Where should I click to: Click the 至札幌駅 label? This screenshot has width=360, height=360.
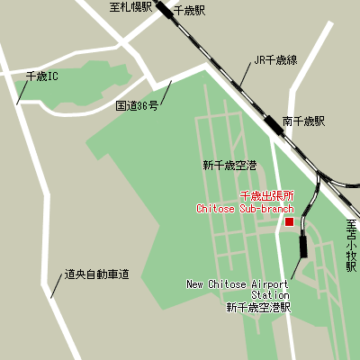point(131,7)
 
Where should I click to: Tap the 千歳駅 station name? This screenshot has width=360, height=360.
point(189,11)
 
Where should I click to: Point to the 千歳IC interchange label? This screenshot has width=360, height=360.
point(42,77)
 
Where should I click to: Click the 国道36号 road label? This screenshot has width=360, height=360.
point(137,105)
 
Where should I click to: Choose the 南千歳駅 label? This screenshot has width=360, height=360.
point(303,121)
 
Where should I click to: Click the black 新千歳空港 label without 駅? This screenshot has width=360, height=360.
point(229,166)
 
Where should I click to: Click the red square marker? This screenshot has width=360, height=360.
point(290,221)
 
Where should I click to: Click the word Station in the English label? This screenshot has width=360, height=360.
point(270,294)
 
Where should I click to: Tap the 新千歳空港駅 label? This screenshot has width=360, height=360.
point(259,307)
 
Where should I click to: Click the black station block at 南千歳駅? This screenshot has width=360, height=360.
point(274,125)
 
